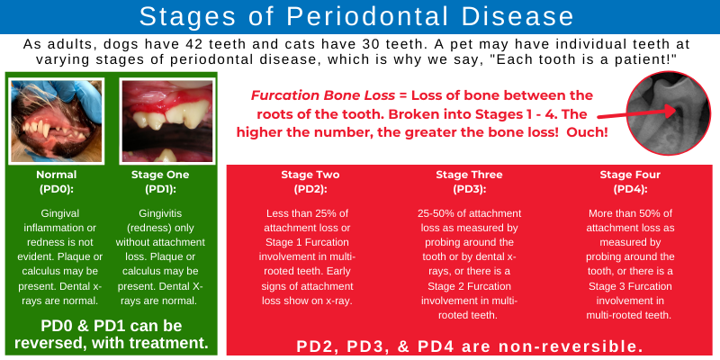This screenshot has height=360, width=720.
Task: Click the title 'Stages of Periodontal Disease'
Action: click(x=360, y=17)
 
